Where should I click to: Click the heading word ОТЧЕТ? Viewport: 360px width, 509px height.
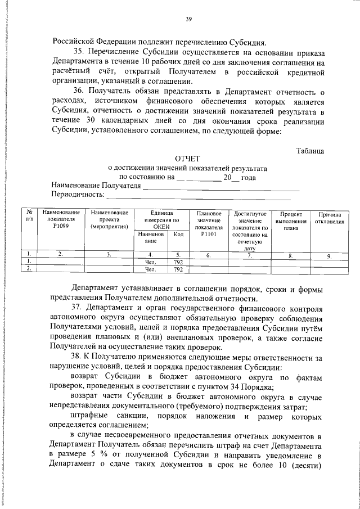click(187, 159)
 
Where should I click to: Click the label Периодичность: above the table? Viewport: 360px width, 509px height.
click(78, 195)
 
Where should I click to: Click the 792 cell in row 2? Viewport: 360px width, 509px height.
click(178, 269)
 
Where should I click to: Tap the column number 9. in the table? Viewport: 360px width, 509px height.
click(330, 255)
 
